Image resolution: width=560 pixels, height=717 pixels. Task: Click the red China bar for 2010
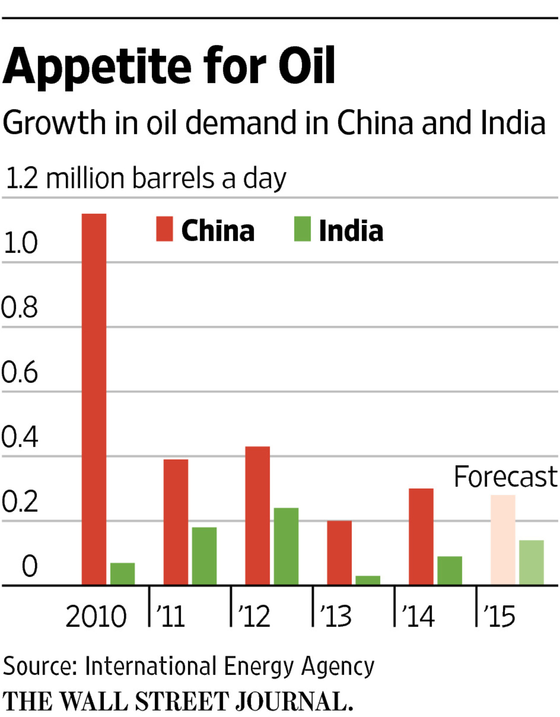click(94, 398)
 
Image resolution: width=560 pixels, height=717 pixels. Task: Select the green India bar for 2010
click(122, 573)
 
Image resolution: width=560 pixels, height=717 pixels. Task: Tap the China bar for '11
click(176, 522)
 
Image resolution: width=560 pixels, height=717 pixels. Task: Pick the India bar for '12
click(286, 546)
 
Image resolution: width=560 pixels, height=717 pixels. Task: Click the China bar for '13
click(339, 552)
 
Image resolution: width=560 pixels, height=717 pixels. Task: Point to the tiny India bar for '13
click(368, 580)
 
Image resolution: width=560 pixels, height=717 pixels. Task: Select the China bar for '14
click(421, 536)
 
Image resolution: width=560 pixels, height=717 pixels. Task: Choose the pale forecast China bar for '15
click(503, 539)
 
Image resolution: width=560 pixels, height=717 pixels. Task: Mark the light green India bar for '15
click(532, 562)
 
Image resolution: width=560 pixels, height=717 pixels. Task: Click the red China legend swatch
click(164, 229)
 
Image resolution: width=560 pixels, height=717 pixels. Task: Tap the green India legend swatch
click(302, 229)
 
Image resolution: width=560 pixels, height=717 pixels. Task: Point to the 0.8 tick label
click(19, 308)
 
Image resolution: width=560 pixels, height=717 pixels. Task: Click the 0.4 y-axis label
click(19, 437)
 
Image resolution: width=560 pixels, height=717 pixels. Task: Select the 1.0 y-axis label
click(20, 243)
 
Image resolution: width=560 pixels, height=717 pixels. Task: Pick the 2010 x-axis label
click(96, 617)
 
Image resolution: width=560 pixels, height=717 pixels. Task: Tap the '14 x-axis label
click(418, 617)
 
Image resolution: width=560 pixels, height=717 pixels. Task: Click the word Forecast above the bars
click(506, 477)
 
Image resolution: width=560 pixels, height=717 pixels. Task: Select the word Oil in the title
click(307, 67)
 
